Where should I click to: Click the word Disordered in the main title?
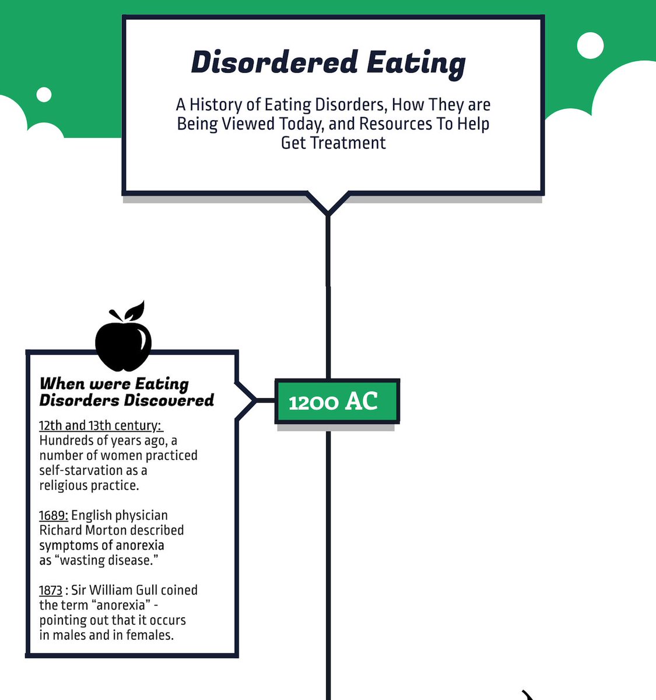[x=274, y=62]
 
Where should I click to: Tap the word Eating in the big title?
[x=416, y=65]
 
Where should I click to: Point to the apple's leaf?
[x=136, y=310]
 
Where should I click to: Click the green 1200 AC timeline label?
[x=337, y=401]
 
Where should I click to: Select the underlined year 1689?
[x=54, y=515]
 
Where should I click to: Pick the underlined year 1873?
[x=51, y=590]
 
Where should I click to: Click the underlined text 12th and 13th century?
[x=101, y=425]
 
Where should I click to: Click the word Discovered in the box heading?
[x=169, y=400]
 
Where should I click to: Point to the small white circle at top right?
[x=591, y=45]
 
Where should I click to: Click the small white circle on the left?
[x=44, y=94]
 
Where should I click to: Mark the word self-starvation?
[x=89, y=470]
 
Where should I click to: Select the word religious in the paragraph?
[x=64, y=486]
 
